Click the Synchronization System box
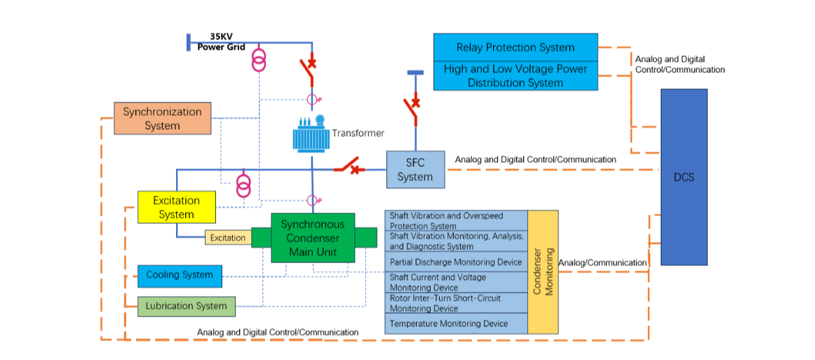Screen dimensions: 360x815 pos(162,119)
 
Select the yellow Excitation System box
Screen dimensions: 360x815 pos(176,207)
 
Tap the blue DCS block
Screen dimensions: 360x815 pos(684,177)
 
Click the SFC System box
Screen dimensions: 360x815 pos(415,170)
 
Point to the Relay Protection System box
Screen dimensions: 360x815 pos(516,48)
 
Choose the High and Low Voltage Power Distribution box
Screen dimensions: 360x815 pos(516,76)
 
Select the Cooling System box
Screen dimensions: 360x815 pos(180,275)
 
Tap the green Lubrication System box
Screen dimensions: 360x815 pos(186,306)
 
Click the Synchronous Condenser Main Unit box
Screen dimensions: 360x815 pos(313,238)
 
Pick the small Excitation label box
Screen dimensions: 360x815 pos(228,238)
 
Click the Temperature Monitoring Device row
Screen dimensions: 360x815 pos(456,324)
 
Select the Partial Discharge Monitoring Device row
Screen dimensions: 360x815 pos(456,262)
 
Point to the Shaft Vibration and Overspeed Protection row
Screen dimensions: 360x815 pos(456,220)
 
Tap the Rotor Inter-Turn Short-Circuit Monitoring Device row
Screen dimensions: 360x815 pos(456,303)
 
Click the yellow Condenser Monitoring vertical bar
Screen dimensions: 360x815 pos(543,272)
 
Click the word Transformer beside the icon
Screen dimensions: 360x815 pos(358,133)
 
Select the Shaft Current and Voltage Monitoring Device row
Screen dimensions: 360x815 pos(456,282)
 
